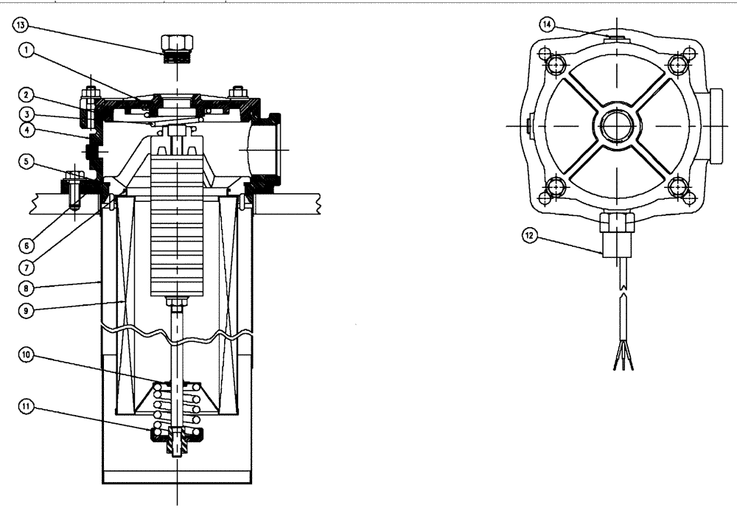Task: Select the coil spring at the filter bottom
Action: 176,409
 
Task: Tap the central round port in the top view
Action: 613,125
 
